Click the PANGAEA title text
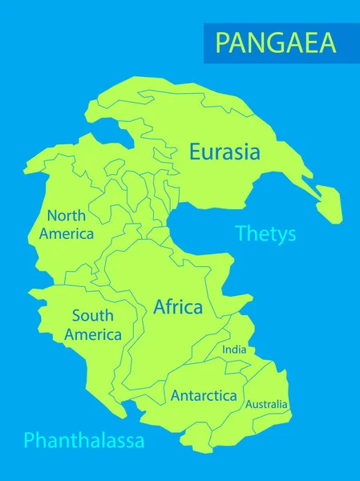click(276, 42)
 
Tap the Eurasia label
click(224, 151)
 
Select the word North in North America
click(67, 215)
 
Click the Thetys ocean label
click(265, 234)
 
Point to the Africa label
click(177, 306)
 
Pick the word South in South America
click(92, 316)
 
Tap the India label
click(234, 350)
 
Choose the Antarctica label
click(204, 395)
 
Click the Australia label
click(266, 404)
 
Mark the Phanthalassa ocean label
click(84, 440)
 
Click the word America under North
click(67, 234)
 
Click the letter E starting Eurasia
click(194, 151)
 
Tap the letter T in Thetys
click(240, 234)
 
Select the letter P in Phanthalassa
click(29, 440)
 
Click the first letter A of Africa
click(159, 306)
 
